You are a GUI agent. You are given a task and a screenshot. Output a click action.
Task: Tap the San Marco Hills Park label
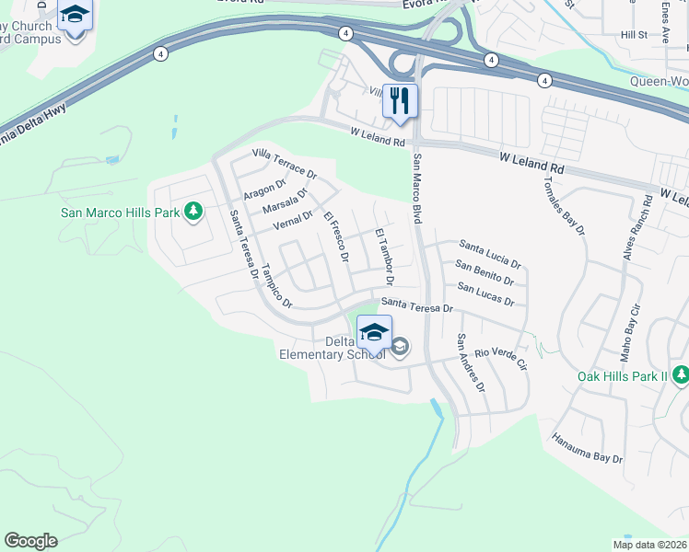pos(120,213)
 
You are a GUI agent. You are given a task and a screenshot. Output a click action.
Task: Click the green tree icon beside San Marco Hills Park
pos(193,213)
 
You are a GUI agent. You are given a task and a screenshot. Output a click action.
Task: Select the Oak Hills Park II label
pos(624,376)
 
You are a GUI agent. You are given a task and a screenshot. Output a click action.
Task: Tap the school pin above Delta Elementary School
pos(374,332)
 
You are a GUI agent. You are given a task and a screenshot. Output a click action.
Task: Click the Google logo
pos(30,541)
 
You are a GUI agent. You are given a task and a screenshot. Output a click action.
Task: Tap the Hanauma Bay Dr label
pos(588,448)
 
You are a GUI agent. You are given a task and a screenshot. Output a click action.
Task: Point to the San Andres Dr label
pos(471,362)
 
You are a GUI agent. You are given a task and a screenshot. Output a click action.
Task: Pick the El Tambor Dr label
pos(384,254)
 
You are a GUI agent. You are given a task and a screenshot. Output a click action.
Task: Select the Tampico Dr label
pos(275,287)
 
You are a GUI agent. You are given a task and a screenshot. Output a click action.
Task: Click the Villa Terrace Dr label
pos(285,164)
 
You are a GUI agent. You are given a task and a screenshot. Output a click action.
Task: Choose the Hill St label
pos(634,34)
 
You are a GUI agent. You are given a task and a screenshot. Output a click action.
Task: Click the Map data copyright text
pos(648,544)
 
